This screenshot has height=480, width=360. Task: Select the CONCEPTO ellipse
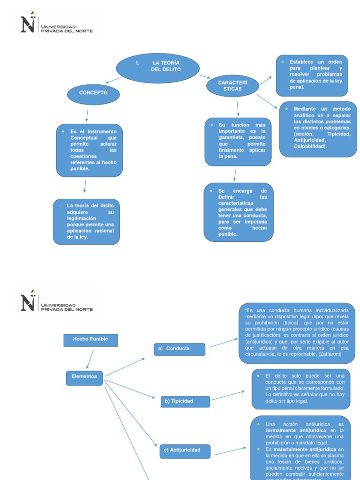(93, 94)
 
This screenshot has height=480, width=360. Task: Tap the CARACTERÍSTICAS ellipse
(232, 86)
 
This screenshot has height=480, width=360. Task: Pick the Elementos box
(84, 377)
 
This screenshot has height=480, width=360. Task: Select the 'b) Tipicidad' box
(185, 402)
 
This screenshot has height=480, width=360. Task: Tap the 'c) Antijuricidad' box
(185, 451)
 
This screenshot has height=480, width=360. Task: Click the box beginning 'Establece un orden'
(312, 75)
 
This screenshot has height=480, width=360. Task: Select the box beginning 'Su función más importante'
(238, 141)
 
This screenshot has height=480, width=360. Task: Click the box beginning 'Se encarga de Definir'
(239, 212)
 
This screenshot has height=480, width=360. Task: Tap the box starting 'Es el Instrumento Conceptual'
(90, 150)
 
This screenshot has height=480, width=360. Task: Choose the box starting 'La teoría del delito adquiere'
(87, 221)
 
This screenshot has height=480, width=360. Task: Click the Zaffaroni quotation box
(297, 333)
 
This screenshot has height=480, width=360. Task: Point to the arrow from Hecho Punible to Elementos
(90, 359)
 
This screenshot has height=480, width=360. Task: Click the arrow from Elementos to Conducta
(125, 367)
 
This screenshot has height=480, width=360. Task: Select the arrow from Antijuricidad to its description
(230, 450)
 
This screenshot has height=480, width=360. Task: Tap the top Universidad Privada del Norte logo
(56, 23)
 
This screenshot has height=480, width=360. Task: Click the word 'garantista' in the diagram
(231, 138)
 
